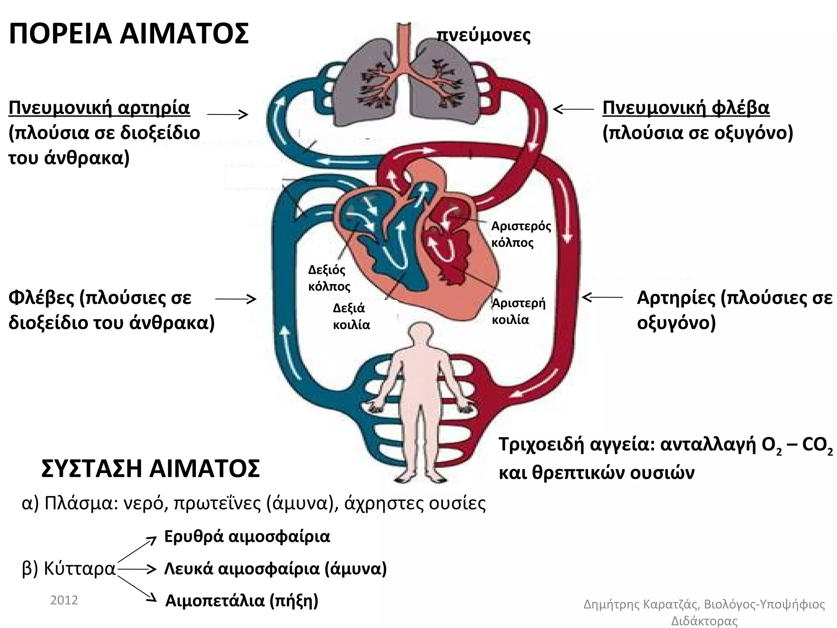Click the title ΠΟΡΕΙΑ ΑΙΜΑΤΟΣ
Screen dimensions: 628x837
coord(128,34)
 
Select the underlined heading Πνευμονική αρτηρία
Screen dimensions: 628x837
coord(99,108)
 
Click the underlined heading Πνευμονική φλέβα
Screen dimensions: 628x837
coord(686,108)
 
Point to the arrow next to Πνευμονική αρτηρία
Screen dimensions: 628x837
coord(228,114)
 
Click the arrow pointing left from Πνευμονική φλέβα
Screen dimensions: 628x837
coord(573,109)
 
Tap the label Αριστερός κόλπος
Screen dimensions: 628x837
coord(521,234)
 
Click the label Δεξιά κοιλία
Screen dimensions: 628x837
coord(351,316)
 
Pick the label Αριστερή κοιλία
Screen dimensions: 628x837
coord(518,311)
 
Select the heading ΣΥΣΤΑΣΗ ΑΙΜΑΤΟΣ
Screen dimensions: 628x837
coord(150,469)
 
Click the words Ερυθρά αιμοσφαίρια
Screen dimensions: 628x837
coord(247,536)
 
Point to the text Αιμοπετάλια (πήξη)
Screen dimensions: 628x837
coord(242,601)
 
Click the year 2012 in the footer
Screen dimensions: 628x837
coord(64,600)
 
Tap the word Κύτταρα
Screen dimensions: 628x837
coord(80,569)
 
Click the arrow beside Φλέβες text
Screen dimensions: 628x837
coord(235,300)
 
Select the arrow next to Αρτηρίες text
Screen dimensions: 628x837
coord(602,297)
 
